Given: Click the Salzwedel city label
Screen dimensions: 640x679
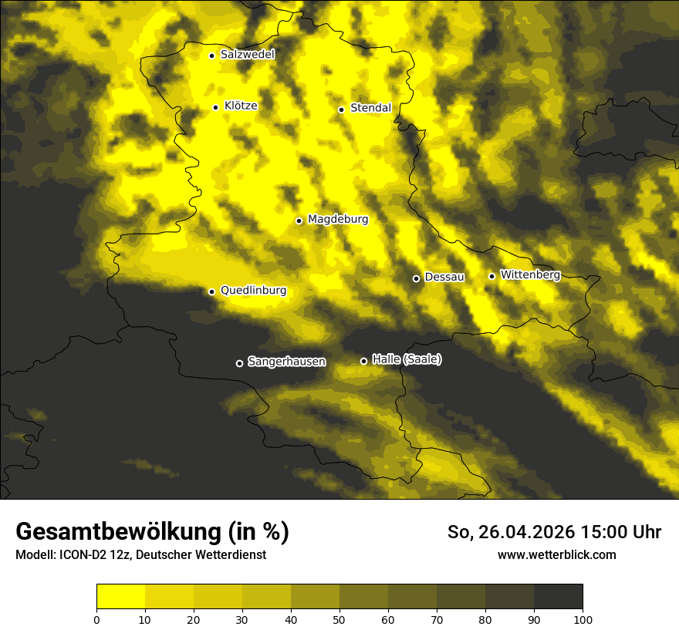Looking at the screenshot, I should [247, 55].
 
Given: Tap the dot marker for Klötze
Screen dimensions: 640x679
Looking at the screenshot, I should [216, 107].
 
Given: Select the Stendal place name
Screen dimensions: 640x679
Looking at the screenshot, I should [370, 108].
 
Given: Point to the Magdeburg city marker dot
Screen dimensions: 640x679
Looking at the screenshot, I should [299, 221].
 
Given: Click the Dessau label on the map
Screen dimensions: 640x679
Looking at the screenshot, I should [444, 277].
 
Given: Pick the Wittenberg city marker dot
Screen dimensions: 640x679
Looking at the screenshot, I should [492, 276].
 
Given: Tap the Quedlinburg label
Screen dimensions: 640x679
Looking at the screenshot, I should [253, 291].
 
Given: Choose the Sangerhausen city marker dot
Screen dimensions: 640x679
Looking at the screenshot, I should [239, 363].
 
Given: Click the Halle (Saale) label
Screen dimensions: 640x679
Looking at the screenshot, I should [407, 359].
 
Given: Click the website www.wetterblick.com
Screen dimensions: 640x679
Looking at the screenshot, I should [556, 554].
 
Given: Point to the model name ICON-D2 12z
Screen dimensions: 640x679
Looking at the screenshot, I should [90, 554].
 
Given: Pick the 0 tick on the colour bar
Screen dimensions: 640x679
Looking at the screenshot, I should [96, 619].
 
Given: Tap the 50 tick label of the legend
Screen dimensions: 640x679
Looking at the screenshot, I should [339, 619].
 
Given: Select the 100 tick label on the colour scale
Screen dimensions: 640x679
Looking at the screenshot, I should [583, 619].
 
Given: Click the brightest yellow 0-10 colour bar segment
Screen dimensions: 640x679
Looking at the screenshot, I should [120, 597].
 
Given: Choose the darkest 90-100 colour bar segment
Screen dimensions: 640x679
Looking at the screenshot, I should [558, 597].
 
